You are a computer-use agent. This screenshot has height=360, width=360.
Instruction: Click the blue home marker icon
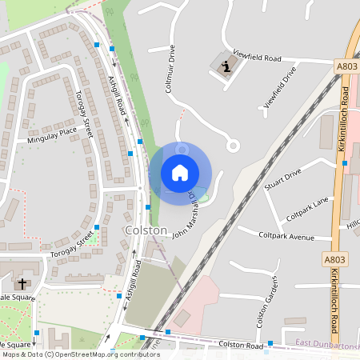(x=179, y=172)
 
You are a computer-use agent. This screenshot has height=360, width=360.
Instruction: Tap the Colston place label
(x=146, y=230)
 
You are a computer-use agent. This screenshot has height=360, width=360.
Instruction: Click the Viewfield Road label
(x=258, y=58)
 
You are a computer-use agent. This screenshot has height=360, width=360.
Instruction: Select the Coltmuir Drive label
(x=170, y=69)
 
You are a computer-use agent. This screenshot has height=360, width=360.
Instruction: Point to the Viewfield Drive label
(x=280, y=86)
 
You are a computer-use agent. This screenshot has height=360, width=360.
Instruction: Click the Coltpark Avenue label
(x=287, y=237)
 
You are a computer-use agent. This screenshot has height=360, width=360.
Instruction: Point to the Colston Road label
(x=242, y=345)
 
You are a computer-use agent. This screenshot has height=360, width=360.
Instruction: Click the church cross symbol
(x=22, y=283)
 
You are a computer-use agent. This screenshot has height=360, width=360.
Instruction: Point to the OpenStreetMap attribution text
(x=80, y=354)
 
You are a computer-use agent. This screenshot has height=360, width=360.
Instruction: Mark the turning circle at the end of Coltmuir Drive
(x=233, y=146)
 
